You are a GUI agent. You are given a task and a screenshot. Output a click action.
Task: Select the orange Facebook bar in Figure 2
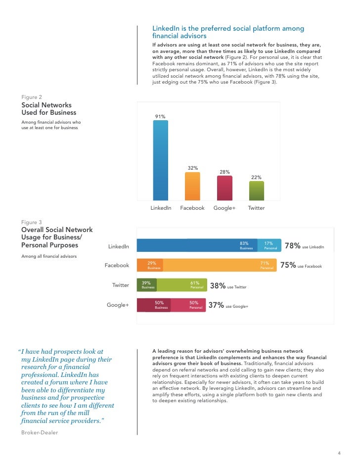click(192, 186)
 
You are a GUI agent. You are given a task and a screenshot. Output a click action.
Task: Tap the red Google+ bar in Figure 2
click(225, 187)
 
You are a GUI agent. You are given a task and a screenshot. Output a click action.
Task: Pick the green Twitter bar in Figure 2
click(256, 190)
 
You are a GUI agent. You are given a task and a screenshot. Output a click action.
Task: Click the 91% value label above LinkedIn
click(160, 116)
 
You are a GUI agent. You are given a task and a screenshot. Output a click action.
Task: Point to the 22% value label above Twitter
click(256, 177)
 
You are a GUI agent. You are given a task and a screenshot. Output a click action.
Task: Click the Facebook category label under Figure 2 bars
click(192, 208)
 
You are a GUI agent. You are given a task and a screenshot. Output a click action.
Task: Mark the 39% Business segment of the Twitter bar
click(146, 285)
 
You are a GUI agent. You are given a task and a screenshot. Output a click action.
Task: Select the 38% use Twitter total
click(228, 286)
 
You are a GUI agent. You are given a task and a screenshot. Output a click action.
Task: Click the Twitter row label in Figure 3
click(121, 285)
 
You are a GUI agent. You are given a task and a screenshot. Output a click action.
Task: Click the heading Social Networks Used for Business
click(46, 109)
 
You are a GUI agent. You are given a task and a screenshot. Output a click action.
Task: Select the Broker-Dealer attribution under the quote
click(40, 432)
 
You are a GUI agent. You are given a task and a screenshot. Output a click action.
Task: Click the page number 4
click(339, 454)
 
